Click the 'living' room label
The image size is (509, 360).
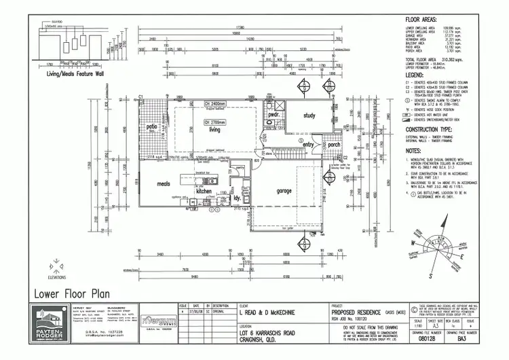pos(215,129)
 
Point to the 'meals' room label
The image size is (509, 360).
pos(164,183)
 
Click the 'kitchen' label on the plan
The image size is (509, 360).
pos(204,192)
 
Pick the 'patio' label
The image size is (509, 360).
pos(150,126)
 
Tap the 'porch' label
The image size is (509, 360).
pos(334,144)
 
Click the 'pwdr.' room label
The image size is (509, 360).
pos(274,115)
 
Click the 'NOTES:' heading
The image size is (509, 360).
pos(414,151)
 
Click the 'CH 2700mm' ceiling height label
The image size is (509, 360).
pos(214,122)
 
